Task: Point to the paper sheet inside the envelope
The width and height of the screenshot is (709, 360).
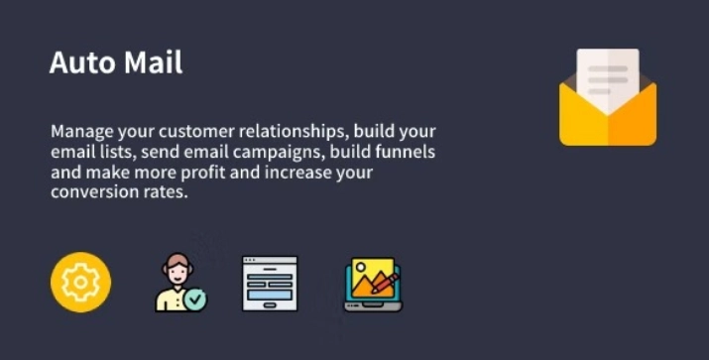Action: click(608, 74)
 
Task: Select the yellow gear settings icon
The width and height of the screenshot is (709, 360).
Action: click(80, 284)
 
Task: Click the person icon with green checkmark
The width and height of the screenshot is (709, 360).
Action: click(179, 284)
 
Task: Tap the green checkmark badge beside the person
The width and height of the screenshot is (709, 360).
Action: click(196, 298)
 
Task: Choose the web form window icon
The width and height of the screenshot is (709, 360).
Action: click(270, 284)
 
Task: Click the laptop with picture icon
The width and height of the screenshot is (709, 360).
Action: click(372, 285)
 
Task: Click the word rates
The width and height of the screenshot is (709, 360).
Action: click(163, 193)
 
